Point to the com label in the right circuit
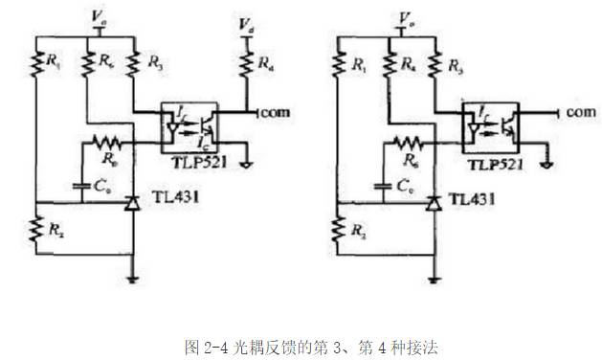[x=580, y=112]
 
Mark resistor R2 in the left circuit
[x=35, y=230]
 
